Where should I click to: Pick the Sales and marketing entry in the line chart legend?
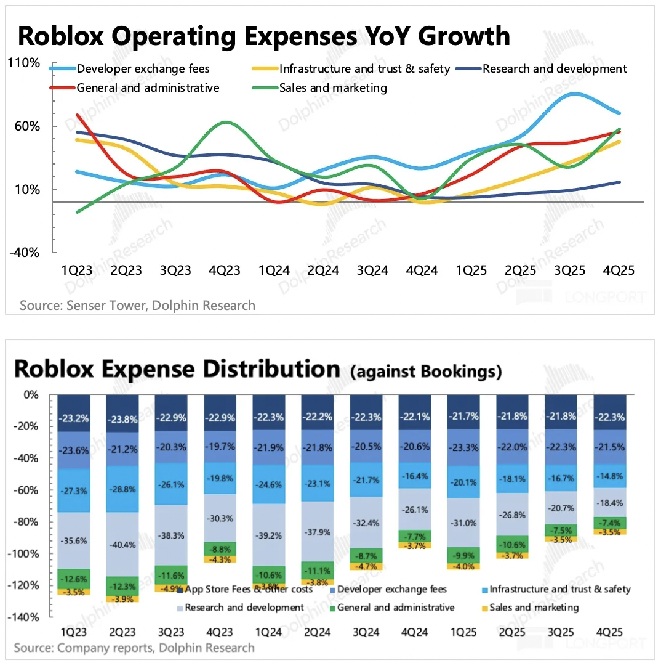pyautogui.click(x=333, y=88)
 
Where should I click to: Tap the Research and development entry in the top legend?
pyautogui.click(x=554, y=69)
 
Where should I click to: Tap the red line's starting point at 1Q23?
pyautogui.click(x=78, y=115)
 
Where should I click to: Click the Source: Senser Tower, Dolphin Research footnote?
pyautogui.click(x=137, y=305)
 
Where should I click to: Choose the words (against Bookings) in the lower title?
pyautogui.click(x=426, y=372)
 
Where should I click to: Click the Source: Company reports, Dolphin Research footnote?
pyautogui.click(x=134, y=648)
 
